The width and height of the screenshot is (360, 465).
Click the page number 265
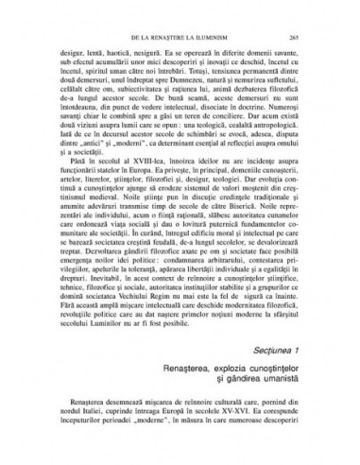(x=295, y=34)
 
